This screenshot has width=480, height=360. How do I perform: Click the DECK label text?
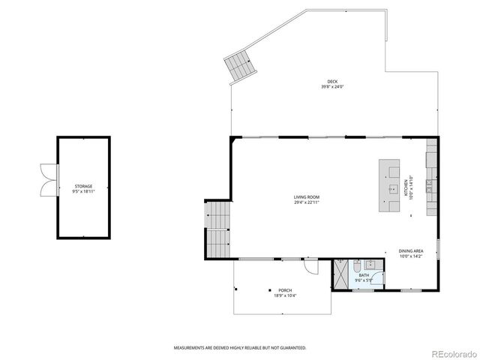pos(331,82)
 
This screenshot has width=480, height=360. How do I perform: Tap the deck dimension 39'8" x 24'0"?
pos(331,87)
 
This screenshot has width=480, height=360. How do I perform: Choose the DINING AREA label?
pos(411,251)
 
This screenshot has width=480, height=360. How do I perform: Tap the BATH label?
pos(364,275)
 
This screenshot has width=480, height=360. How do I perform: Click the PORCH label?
pos(285,290)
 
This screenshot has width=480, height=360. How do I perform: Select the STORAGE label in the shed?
pos(83,186)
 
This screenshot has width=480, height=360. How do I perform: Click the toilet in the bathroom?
pos(357,265)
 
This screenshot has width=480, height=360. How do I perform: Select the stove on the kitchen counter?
pos(432,187)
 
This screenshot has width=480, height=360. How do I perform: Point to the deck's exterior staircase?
pos(239,68)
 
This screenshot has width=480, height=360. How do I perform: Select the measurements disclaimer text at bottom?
pos(240,348)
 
